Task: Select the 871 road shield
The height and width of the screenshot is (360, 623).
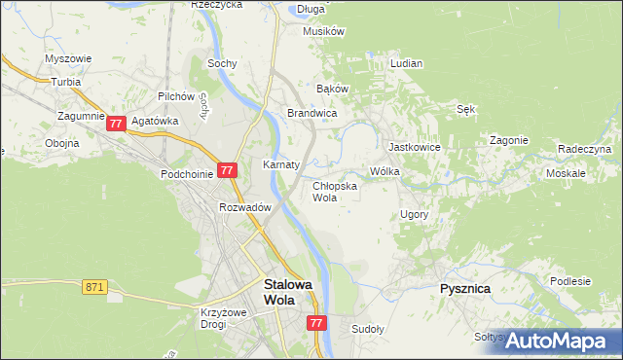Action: (94, 286)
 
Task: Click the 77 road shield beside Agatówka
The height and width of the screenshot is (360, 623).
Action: (116, 124)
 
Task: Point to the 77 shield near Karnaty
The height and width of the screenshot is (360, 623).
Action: (226, 169)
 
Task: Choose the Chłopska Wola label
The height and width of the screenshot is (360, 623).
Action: (334, 191)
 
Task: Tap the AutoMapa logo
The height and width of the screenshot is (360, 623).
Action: (558, 340)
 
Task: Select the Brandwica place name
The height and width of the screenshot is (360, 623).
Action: (311, 114)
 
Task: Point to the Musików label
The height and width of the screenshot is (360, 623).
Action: (324, 31)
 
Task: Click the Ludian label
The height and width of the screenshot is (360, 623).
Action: (406, 63)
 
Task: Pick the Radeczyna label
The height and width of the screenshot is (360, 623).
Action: (584, 149)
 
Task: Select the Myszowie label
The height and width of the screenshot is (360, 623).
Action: (68, 58)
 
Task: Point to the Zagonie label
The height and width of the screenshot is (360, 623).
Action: (508, 140)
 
